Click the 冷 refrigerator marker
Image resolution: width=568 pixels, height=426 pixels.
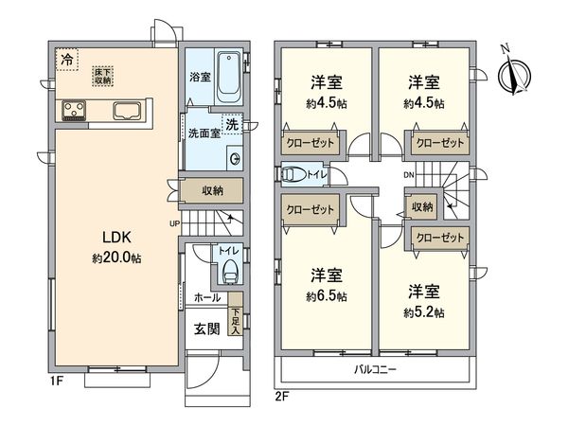pyautogui.click(x=66, y=60)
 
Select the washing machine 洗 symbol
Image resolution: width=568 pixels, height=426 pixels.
pyautogui.click(x=231, y=124)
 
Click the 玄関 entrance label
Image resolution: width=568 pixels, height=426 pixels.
pyautogui.click(x=208, y=328)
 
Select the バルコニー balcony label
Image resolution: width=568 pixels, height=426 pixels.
pyautogui.click(x=377, y=368)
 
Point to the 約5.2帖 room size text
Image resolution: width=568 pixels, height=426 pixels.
pyautogui.click(x=426, y=311)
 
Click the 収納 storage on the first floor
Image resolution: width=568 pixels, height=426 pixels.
pyautogui.click(x=213, y=190)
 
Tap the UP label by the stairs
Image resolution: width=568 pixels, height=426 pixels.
pyautogui.click(x=174, y=223)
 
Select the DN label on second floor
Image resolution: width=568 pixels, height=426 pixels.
pyautogui.click(x=408, y=174)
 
